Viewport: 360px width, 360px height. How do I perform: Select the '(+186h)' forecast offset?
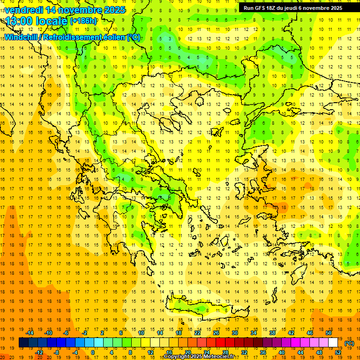83,21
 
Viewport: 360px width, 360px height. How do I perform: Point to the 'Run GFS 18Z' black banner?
293,8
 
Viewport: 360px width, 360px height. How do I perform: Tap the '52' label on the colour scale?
338,352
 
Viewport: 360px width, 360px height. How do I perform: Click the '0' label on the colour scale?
93,352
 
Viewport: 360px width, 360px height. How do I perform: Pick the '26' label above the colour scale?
217,333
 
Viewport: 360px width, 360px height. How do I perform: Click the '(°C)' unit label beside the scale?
349,343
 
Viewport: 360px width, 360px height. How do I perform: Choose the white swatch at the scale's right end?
333,343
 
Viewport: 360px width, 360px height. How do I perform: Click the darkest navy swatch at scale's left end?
23,343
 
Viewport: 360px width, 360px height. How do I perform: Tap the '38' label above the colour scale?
272,333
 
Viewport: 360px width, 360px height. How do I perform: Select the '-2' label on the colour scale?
85,333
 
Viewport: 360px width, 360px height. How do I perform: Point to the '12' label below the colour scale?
150,352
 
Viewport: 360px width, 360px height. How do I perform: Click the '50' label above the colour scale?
329,333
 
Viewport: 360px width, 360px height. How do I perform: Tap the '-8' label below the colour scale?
57,352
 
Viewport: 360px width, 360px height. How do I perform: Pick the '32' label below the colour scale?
244,352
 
